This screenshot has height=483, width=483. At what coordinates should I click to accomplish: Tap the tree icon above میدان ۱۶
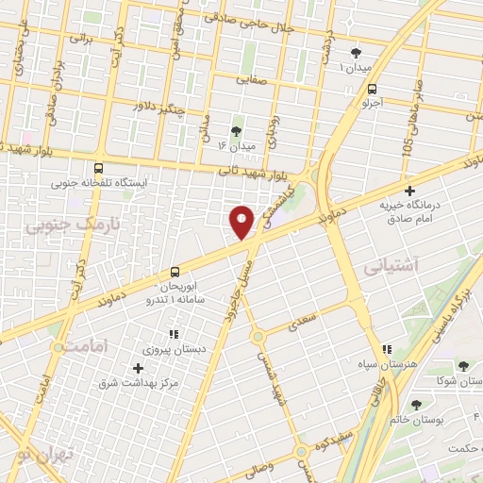tap(236, 130)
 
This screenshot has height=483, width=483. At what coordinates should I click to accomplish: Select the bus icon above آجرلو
tap(374, 89)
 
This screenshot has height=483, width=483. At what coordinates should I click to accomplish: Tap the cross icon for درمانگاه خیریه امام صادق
tap(409, 190)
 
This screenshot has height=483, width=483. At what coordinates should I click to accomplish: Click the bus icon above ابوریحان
tap(175, 271)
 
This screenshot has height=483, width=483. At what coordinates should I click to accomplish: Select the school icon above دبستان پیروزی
tap(172, 333)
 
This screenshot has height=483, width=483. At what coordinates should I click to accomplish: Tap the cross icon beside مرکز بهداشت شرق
tap(139, 368)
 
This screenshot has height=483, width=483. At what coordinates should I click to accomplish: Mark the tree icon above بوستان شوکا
tap(462, 366)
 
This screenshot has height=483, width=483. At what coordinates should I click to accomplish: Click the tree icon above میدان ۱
tap(356, 53)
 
